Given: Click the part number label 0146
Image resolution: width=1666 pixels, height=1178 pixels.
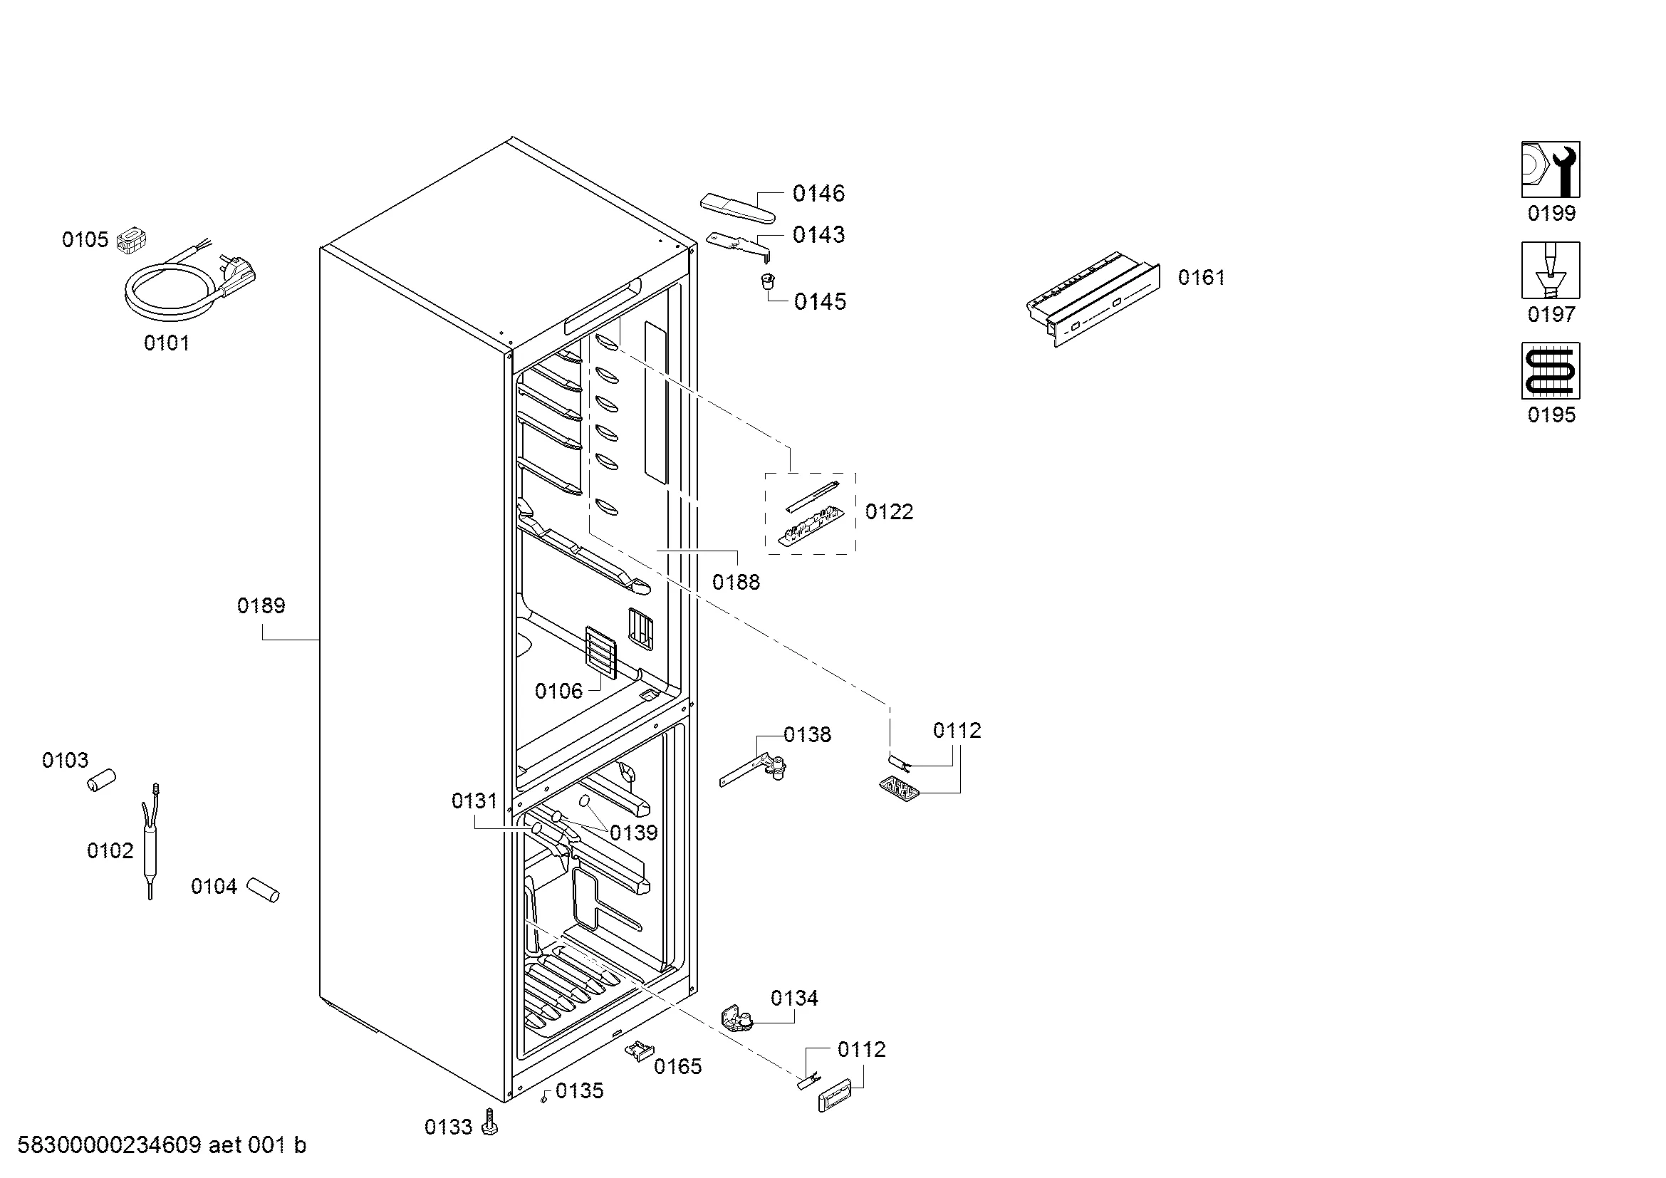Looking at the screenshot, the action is [818, 193].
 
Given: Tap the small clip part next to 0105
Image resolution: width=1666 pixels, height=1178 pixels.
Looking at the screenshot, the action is [131, 239].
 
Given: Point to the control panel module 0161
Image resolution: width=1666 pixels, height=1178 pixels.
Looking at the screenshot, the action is [1092, 298].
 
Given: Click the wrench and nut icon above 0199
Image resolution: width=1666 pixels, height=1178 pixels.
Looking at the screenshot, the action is [1551, 170].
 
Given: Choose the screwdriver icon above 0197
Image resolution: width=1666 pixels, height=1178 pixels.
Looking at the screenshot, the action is [1551, 271].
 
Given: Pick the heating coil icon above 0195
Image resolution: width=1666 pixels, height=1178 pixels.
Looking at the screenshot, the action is [1551, 370].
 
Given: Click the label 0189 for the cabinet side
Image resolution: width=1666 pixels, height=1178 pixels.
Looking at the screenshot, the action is [261, 605].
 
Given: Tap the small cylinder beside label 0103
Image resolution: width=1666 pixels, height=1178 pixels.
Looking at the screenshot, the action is [102, 781].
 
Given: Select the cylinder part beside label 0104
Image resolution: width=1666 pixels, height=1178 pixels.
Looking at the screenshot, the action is [263, 890].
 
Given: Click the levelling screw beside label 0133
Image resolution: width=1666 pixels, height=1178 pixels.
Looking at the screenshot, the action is [491, 1122].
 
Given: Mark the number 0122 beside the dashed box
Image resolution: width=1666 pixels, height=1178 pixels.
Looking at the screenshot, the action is [889, 512].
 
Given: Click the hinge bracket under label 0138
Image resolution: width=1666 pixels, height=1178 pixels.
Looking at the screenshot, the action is [754, 771].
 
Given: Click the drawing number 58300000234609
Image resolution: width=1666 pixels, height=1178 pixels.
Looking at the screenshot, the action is [109, 1145].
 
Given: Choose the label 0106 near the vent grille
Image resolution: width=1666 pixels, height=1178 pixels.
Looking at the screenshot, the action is [558, 692].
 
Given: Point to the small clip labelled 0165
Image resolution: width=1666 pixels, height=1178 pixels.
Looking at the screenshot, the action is [639, 1050].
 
